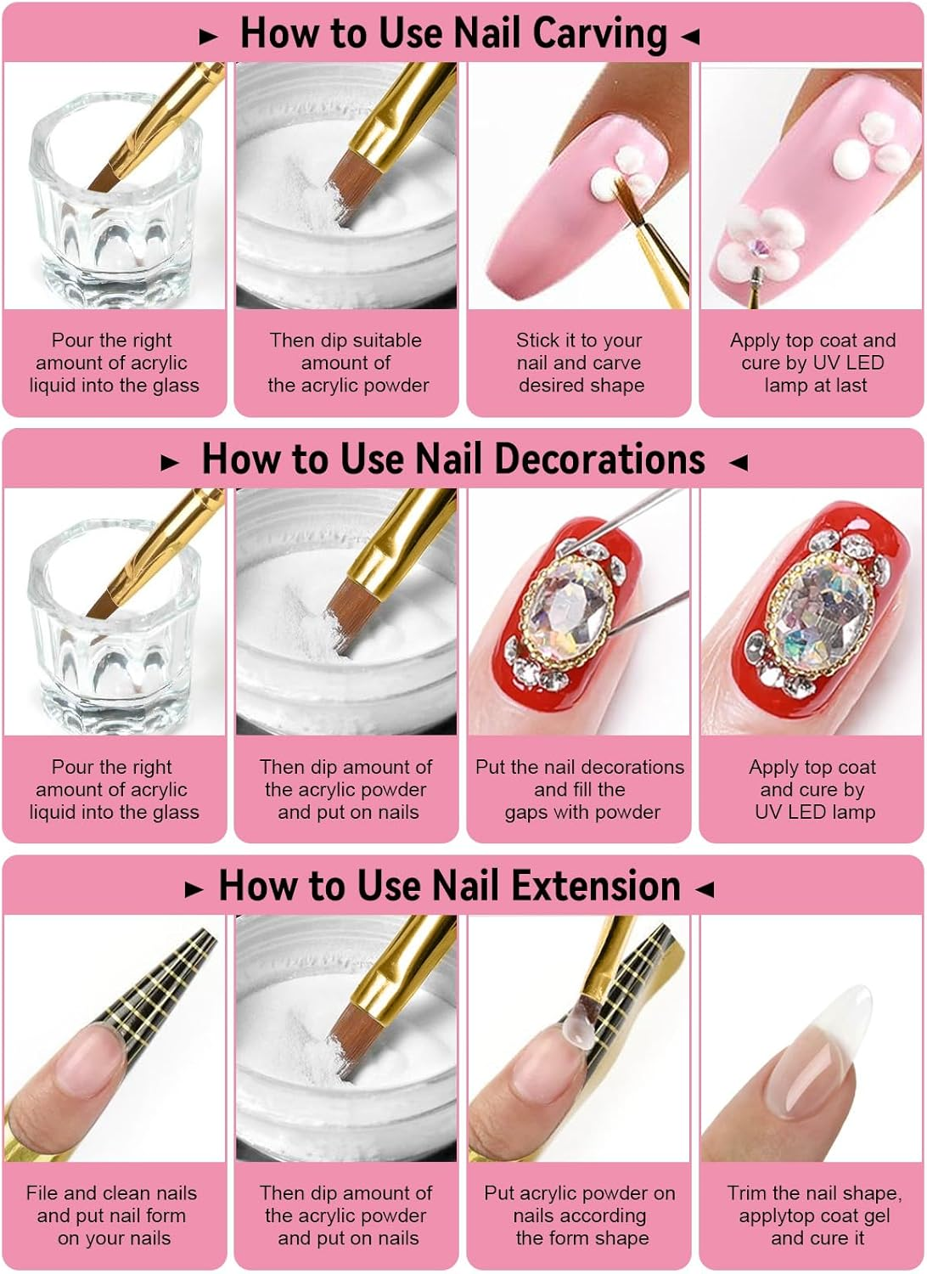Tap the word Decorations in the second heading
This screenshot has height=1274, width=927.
pyautogui.click(x=599, y=459)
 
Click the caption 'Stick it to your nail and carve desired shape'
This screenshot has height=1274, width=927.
pyautogui.click(x=580, y=363)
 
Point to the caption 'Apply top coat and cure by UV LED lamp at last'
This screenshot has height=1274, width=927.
pyautogui.click(x=812, y=363)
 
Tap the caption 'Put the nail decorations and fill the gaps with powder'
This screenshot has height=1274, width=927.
pyautogui.click(x=580, y=789)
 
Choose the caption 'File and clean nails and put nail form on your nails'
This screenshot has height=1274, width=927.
pyautogui.click(x=113, y=1215)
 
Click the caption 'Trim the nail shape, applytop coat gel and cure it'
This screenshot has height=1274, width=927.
pyautogui.click(x=814, y=1215)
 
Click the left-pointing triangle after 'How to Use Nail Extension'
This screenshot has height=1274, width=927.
pyautogui.click(x=704, y=889)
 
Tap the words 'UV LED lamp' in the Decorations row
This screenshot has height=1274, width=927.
pyautogui.click(x=814, y=812)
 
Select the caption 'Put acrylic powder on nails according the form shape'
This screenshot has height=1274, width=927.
pyautogui.click(x=580, y=1215)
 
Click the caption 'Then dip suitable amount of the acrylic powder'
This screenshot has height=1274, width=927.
pyautogui.click(x=346, y=363)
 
